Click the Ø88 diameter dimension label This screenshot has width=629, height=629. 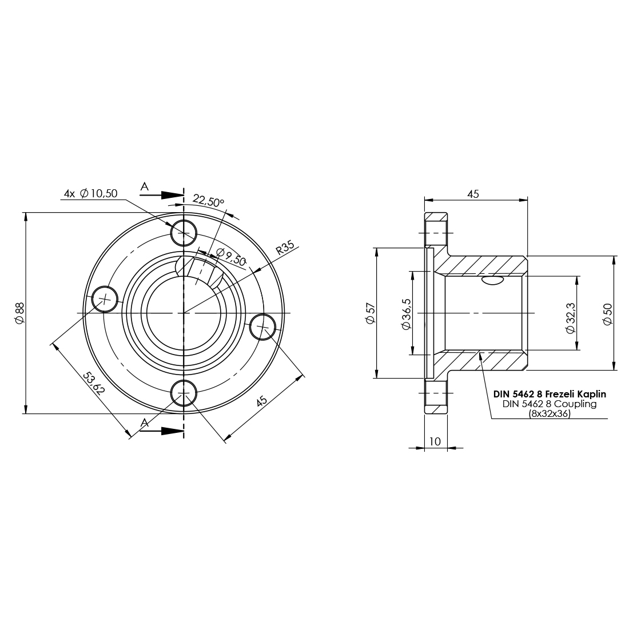pyautogui.click(x=19, y=313)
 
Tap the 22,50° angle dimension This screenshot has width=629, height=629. pyautogui.click(x=208, y=201)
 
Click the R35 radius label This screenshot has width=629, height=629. pyautogui.click(x=285, y=248)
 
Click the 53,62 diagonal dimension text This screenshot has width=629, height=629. pyautogui.click(x=94, y=383)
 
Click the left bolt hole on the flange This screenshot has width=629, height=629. pyautogui.click(x=105, y=298)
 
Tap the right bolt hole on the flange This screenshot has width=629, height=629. pyautogui.click(x=263, y=327)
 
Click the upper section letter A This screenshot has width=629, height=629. pyautogui.click(x=145, y=186)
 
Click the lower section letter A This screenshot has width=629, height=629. pyautogui.click(x=145, y=423)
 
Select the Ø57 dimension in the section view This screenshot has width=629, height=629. pyautogui.click(x=371, y=313)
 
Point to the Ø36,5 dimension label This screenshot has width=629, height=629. pyautogui.click(x=406, y=313)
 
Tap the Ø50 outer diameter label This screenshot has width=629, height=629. pyautogui.click(x=607, y=314)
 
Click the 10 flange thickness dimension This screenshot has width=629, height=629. pyautogui.click(x=435, y=441)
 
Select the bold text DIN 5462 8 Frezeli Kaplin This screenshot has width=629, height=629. pyautogui.click(x=549, y=394)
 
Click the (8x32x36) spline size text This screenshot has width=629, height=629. pyautogui.click(x=550, y=414)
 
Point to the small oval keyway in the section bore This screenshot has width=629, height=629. pyautogui.click(x=492, y=280)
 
